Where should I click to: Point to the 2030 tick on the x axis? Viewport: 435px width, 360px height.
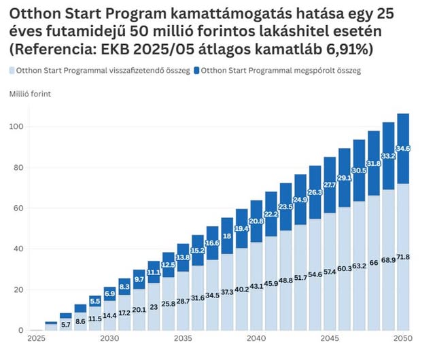pos(109,338)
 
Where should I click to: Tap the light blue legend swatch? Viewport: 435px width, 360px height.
pos(14,70)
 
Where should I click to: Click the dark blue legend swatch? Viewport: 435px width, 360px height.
pos(198,70)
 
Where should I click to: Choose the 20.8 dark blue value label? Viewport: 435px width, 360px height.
pos(257,221)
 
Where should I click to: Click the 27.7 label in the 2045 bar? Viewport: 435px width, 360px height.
pos(330,185)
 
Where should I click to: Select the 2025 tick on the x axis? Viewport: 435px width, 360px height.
pos(36,338)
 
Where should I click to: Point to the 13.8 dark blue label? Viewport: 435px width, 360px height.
pos(183,258)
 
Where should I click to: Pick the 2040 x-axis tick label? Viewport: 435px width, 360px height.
pos(257,338)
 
